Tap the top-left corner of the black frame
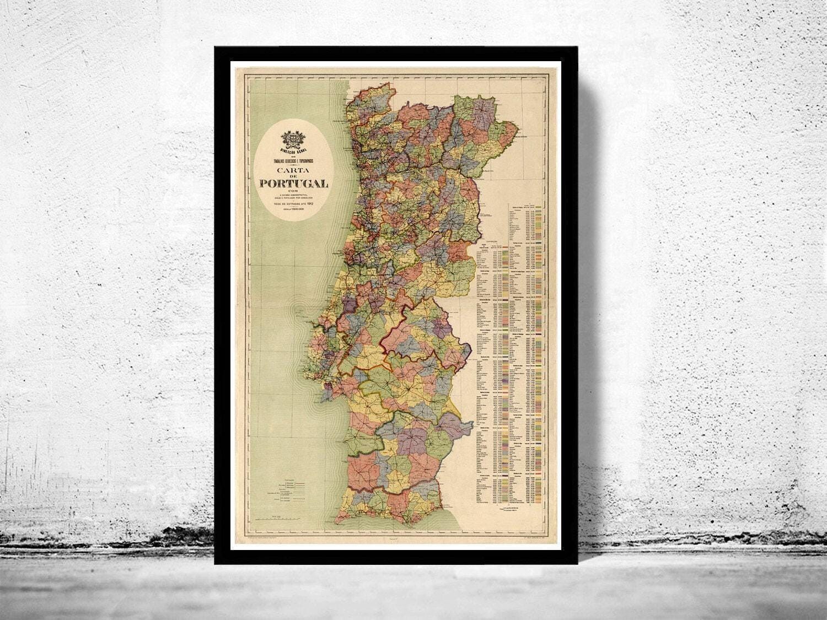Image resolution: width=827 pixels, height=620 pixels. point(216,47)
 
